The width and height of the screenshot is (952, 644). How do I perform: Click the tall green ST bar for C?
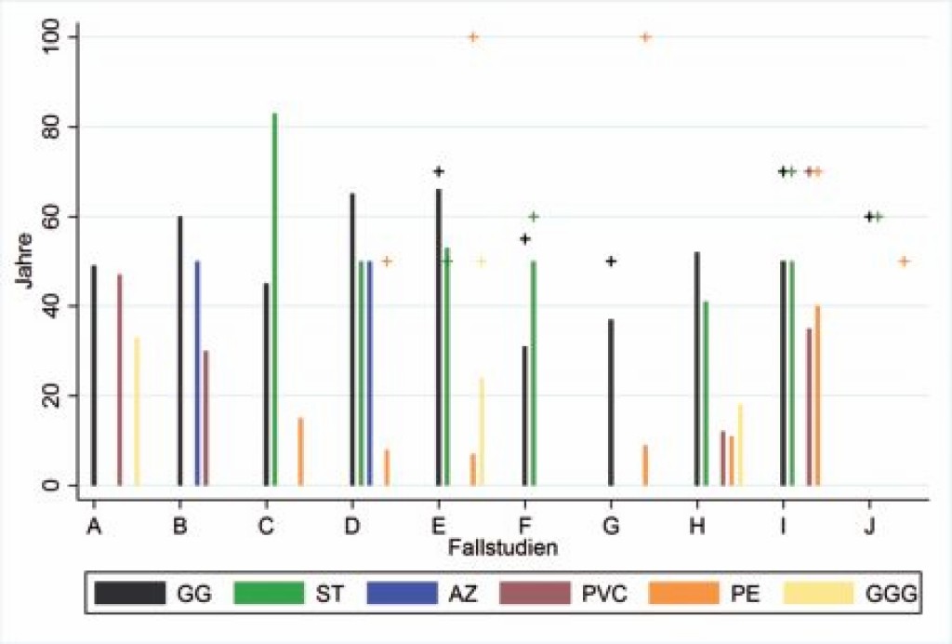pyautogui.click(x=274, y=298)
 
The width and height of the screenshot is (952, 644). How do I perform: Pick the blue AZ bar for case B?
pyautogui.click(x=197, y=372)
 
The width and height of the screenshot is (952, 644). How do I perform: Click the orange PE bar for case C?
pyautogui.click(x=300, y=451)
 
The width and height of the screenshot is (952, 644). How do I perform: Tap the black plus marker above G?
pyautogui.click(x=611, y=262)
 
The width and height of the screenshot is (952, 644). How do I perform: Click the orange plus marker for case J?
pyautogui.click(x=903, y=262)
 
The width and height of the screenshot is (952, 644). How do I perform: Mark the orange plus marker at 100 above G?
pyautogui.click(x=645, y=37)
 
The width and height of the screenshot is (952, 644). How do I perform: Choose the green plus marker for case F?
pyautogui.click(x=534, y=217)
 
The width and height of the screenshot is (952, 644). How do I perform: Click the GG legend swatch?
pyautogui.click(x=131, y=593)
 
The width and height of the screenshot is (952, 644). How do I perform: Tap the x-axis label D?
pyautogui.click(x=351, y=528)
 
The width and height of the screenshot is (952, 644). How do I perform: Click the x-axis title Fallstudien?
pyautogui.click(x=502, y=547)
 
